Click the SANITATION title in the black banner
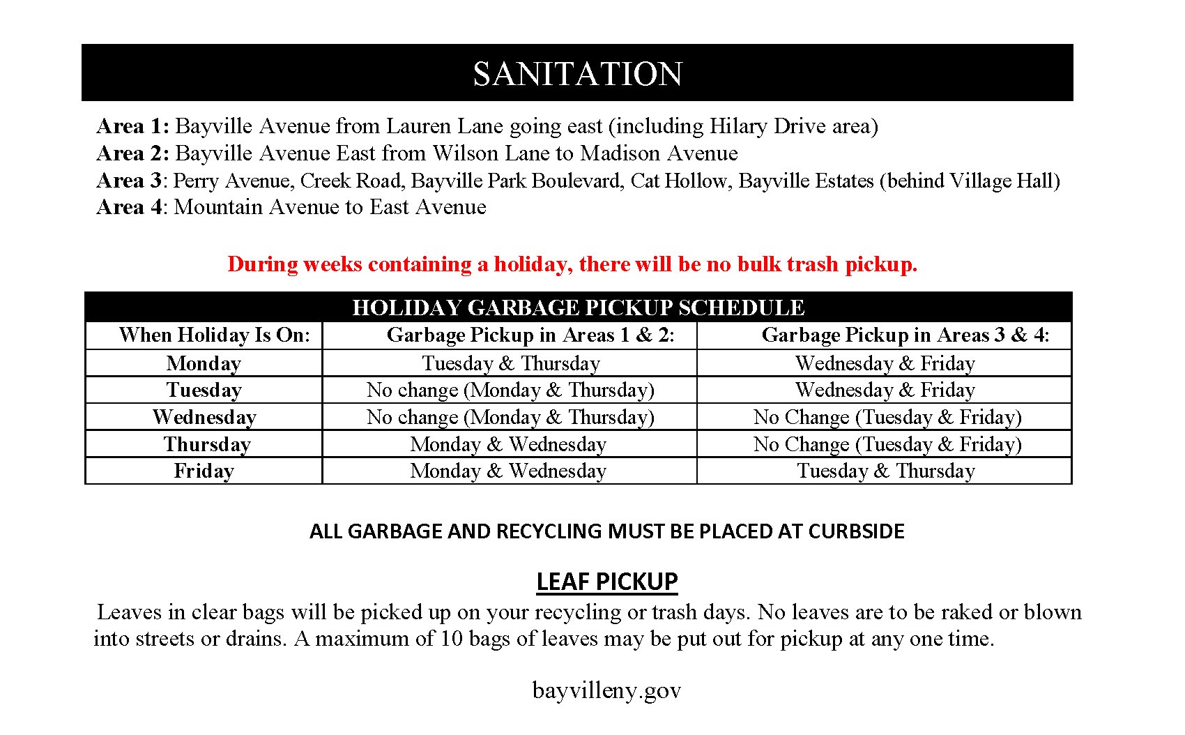(577, 74)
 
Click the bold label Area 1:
(132, 126)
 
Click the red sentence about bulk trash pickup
(572, 264)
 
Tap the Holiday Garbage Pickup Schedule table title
(578, 308)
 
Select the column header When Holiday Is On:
(214, 335)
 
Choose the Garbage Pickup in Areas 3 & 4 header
(905, 335)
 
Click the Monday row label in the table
(204, 363)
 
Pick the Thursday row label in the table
(207, 444)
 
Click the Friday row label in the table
(204, 471)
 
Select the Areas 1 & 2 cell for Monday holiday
(510, 363)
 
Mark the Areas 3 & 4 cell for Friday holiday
(885, 471)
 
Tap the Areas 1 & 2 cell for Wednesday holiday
(510, 417)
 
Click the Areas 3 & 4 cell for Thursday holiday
(887, 444)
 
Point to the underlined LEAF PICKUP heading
(606, 581)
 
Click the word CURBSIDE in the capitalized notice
(855, 531)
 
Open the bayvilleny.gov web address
(606, 690)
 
